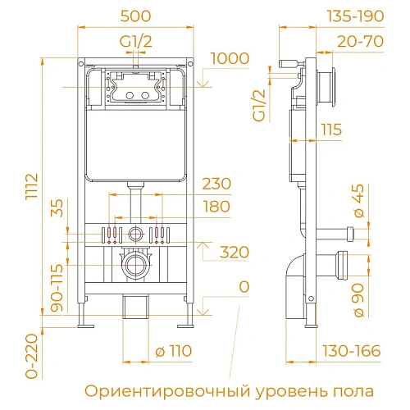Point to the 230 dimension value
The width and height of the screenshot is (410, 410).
pos(216,184)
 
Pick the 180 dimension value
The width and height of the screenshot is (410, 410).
pos(216,207)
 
